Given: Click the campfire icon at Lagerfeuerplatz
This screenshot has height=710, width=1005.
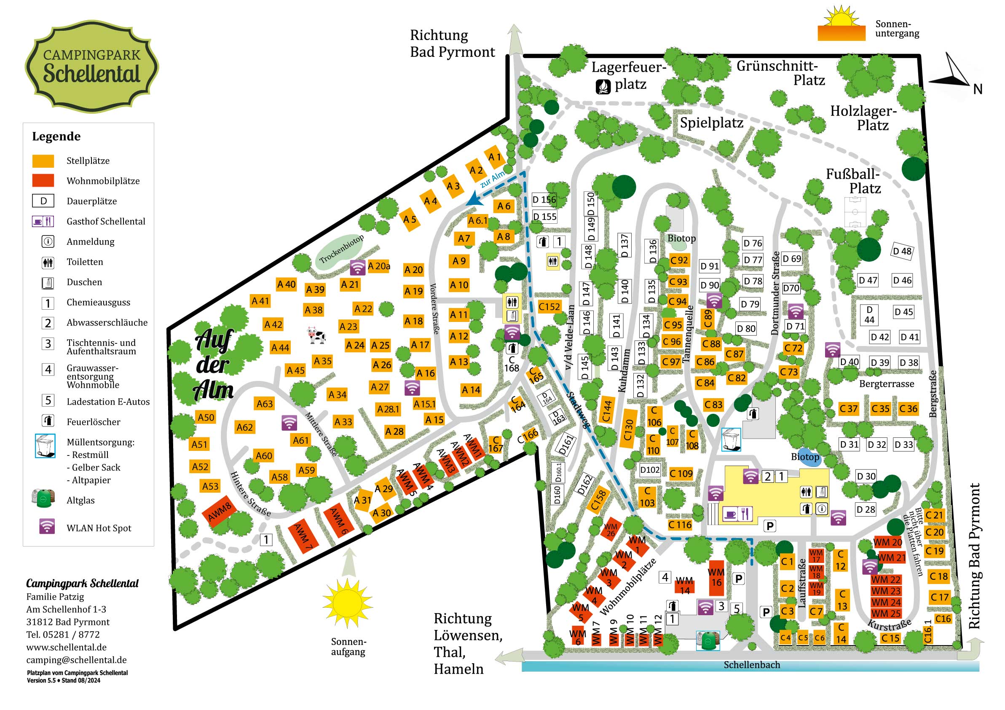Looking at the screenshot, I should click(603, 87).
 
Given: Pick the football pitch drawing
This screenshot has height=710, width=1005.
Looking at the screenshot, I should click(855, 212).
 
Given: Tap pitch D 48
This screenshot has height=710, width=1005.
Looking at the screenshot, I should click(902, 251).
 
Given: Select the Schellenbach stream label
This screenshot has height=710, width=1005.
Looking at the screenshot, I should click(752, 665).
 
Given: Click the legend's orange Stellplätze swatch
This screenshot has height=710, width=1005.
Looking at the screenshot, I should click(43, 161).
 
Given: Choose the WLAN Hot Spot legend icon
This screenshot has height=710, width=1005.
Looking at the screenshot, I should click(47, 527).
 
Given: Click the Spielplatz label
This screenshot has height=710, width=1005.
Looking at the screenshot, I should click(711, 123).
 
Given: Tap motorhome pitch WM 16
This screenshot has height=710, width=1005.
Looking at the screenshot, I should click(716, 577).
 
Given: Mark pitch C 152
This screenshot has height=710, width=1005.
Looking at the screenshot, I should click(549, 307).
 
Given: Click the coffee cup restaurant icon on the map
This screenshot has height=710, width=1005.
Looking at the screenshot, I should click(730, 514).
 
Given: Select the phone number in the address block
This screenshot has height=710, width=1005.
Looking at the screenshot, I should click(63, 634).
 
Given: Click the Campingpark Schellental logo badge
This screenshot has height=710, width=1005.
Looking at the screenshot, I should click(91, 67).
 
